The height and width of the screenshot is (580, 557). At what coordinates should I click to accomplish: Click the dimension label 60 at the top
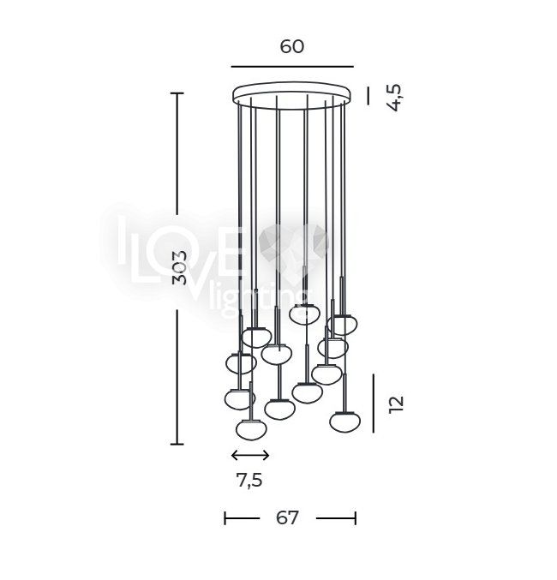(x=292, y=46)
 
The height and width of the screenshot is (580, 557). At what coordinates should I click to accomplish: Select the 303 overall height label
(x=180, y=268)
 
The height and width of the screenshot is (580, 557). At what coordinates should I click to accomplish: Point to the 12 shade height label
(x=396, y=404)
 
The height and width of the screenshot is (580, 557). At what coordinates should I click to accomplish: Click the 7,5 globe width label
(x=249, y=481)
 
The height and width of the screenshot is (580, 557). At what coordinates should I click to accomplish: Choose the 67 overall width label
(x=287, y=517)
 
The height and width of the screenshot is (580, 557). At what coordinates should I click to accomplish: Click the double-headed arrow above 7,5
(x=250, y=455)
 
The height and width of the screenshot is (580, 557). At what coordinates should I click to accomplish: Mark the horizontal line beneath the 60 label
(x=292, y=67)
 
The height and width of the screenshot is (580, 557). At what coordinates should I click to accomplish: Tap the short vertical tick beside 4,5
(x=368, y=96)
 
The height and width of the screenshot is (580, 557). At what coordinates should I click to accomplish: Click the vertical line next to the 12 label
(x=373, y=404)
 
